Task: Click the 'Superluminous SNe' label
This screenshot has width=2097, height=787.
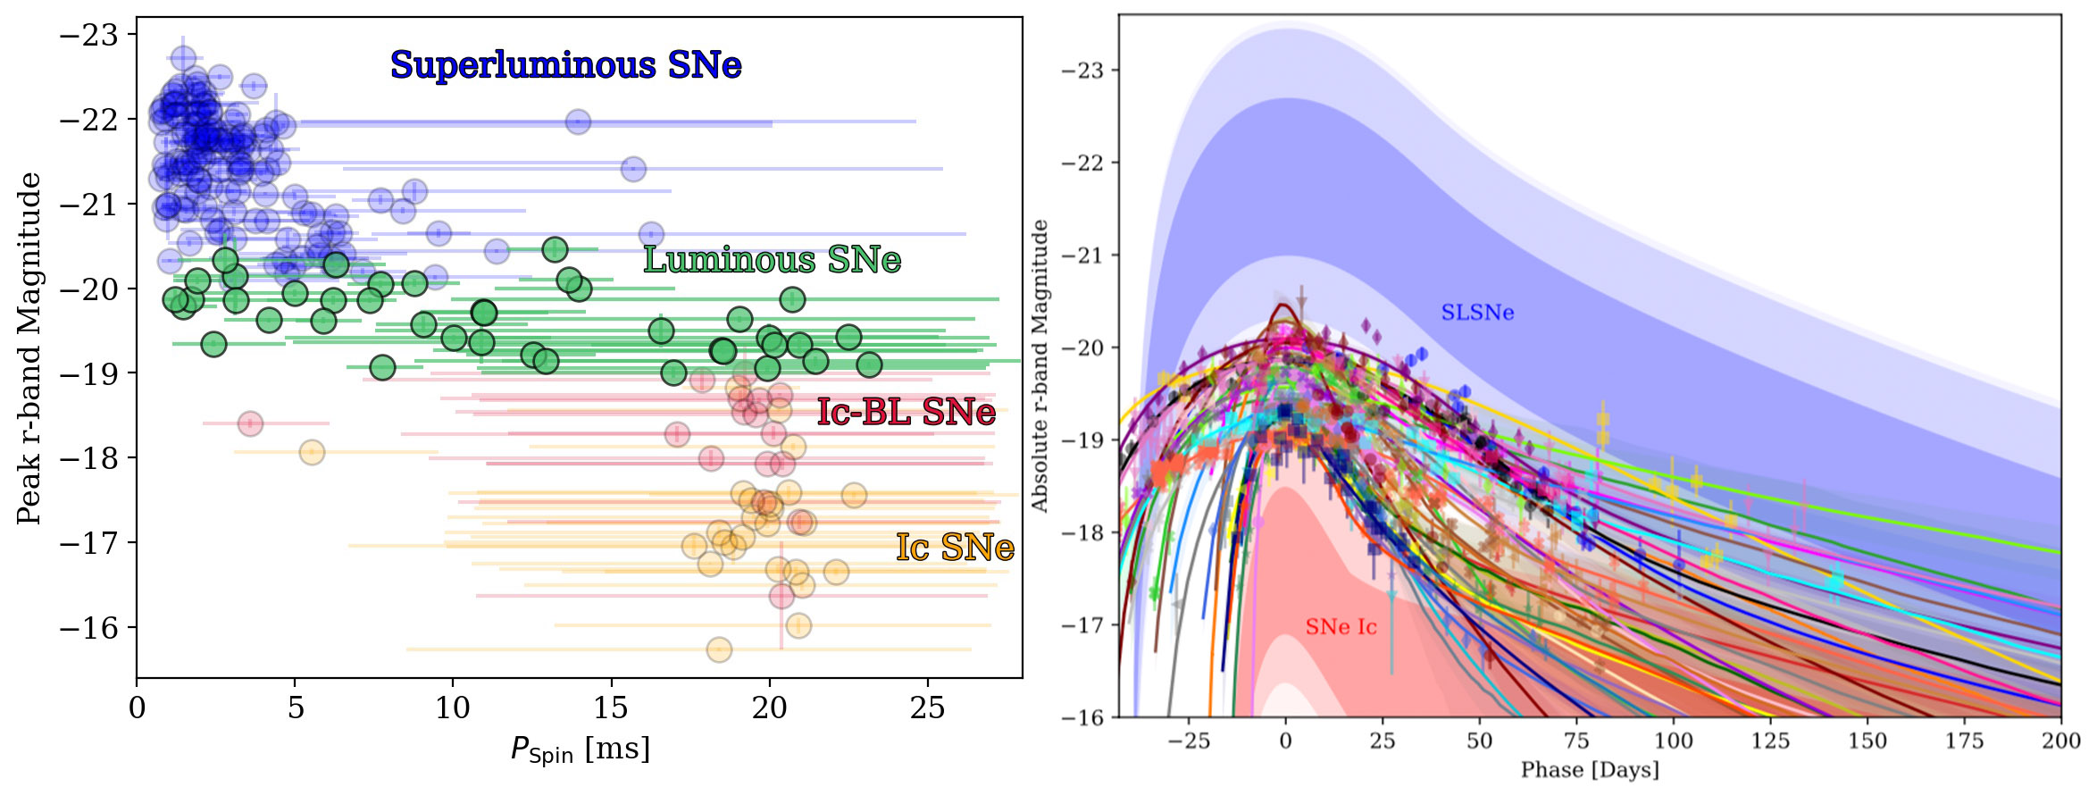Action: point(565,65)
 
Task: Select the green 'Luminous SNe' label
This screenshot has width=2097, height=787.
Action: point(772,260)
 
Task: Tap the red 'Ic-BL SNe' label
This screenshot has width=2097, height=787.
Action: point(906,412)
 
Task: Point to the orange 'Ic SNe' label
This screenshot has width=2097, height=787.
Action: point(955,547)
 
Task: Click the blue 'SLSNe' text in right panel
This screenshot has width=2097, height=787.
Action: point(1477,313)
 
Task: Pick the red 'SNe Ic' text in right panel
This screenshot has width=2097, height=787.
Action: point(1341,627)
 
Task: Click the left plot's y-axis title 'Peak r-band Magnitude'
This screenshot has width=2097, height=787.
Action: point(29,347)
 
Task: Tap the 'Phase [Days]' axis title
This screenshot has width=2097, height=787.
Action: point(1590,770)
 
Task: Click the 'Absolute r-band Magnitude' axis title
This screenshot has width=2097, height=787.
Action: point(1040,365)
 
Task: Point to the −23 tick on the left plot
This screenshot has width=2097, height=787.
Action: point(88,36)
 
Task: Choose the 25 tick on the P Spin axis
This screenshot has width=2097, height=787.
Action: point(927,708)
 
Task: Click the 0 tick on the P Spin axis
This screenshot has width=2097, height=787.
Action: point(137,708)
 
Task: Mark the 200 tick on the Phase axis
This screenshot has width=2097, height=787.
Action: point(2061,741)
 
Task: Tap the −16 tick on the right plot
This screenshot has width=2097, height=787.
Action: point(1082,717)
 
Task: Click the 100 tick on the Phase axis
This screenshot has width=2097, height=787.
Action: point(1673,741)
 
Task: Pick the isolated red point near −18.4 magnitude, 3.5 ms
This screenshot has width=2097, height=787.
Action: point(250,423)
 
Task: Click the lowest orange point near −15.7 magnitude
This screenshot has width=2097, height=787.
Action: point(719,650)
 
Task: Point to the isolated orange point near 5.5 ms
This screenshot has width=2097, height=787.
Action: point(311,452)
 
